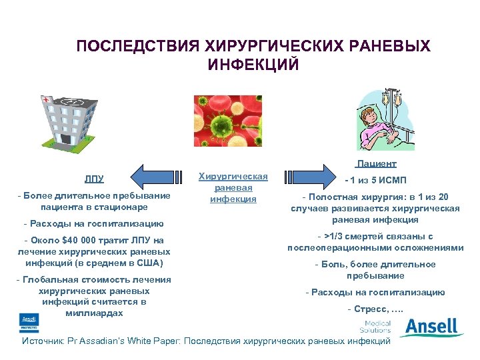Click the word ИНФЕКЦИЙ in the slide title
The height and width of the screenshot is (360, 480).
point(253,65)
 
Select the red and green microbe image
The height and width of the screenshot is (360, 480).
point(233,121)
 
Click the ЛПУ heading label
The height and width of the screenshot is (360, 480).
point(93,179)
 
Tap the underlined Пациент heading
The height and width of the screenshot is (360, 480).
point(376,163)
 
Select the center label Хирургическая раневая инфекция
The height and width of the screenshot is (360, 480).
point(233,187)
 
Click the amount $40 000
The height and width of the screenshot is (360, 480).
point(82,240)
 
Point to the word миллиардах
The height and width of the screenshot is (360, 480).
point(93,313)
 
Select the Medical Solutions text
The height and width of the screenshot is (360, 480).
point(375,327)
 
